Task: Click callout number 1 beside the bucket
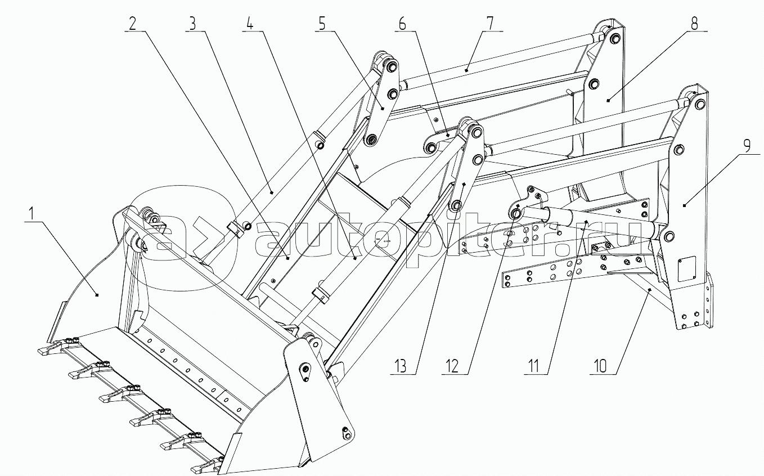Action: click(32, 214)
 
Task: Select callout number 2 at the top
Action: click(132, 24)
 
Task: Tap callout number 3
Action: click(193, 24)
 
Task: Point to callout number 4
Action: click(250, 24)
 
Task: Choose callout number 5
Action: click(322, 24)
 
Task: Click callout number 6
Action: click(403, 24)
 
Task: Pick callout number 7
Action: click(490, 24)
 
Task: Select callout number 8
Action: click(694, 24)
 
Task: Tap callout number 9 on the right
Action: click(747, 146)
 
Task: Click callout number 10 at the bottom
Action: click(601, 366)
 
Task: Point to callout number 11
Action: click(534, 366)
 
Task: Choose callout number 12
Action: click(452, 366)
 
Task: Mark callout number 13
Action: click(401, 366)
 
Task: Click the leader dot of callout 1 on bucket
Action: click(97, 295)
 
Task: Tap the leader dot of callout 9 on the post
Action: click(684, 205)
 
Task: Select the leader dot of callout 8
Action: click(608, 100)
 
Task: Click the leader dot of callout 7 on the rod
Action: click(466, 70)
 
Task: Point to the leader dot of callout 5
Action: click(383, 109)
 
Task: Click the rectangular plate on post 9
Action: click(686, 269)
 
